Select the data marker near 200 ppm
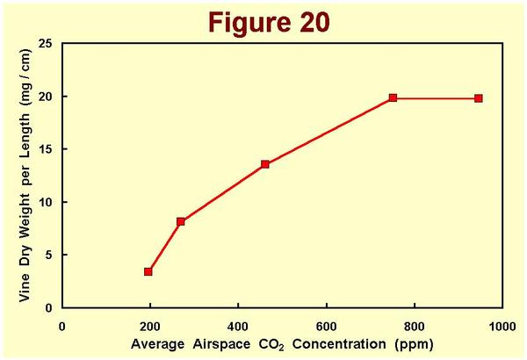[148, 272]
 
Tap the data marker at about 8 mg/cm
[180, 221]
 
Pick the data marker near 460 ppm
[264, 164]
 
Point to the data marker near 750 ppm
[393, 97]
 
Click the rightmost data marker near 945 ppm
[479, 98]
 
